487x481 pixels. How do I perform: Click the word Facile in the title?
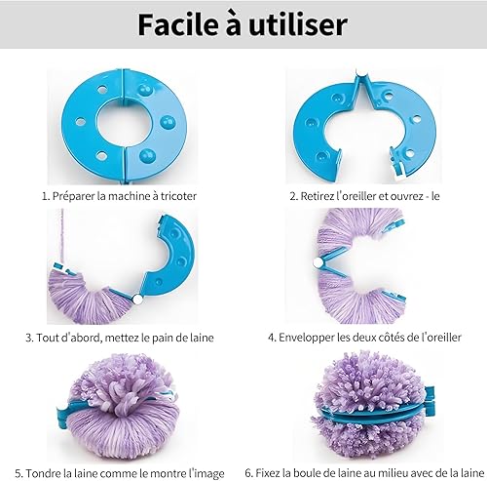[x=177, y=24]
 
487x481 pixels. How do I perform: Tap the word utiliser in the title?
[x=298, y=24]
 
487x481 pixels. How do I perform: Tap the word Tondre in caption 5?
[x=43, y=473]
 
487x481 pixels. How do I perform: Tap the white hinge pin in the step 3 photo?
[x=137, y=300]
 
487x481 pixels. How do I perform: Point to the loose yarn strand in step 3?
[x=60, y=236]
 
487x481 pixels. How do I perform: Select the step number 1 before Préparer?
[x=46, y=196]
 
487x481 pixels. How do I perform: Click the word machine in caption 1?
[x=128, y=196]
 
